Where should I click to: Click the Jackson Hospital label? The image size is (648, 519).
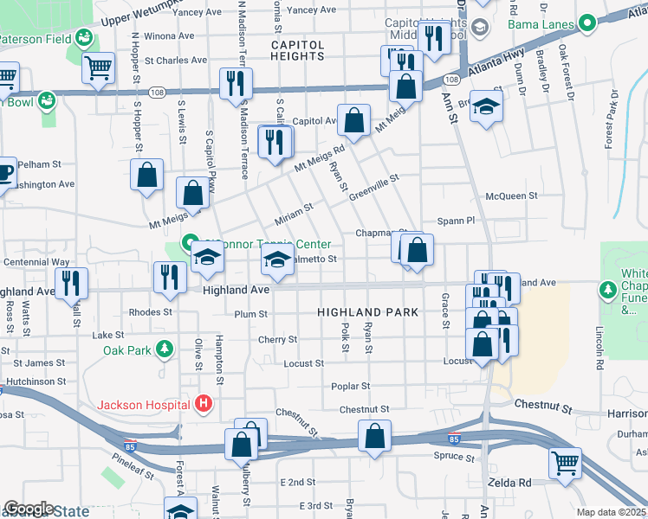(143, 404)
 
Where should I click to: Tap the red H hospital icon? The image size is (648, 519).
(204, 404)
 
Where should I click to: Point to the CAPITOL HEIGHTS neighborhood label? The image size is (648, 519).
(297, 50)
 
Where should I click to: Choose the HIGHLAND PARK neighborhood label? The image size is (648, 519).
(367, 311)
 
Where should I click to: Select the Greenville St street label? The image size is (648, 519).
(373, 188)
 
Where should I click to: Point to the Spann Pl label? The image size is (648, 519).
(457, 221)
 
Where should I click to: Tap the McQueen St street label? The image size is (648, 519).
(512, 196)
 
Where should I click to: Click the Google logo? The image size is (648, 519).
(28, 509)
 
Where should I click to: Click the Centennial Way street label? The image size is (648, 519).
(36, 261)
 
